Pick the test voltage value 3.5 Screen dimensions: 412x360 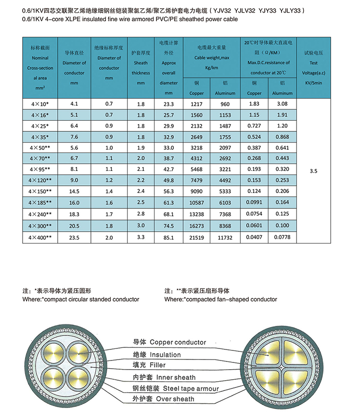[x=314, y=170]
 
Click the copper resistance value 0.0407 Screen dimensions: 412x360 [x=255, y=237]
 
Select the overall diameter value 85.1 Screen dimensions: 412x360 [x=168, y=237]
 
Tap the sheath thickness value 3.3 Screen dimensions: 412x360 [x=141, y=237]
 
